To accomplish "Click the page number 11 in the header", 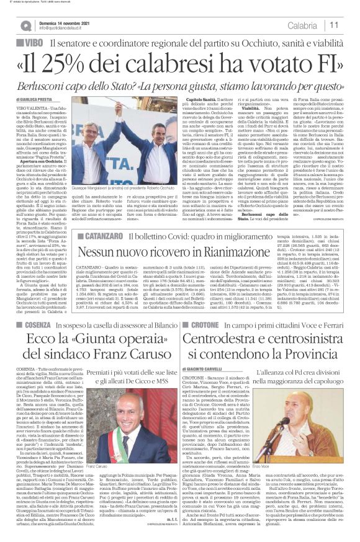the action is pyautogui.click(x=349, y=25).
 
